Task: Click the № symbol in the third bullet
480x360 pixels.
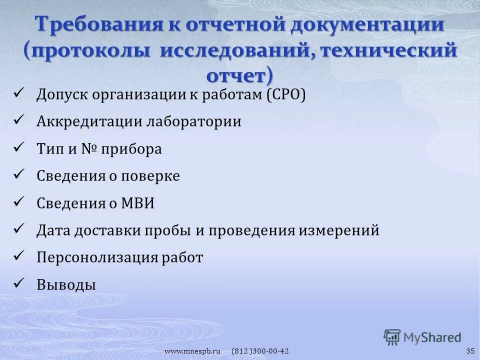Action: [89, 149]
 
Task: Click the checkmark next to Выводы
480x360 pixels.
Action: [20, 283]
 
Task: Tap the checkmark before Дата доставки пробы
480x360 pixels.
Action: [20, 229]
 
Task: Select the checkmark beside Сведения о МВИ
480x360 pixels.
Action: [20, 202]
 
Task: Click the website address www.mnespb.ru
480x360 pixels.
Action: [193, 351]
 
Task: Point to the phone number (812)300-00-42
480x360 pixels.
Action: [260, 351]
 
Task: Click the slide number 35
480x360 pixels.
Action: [469, 351]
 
